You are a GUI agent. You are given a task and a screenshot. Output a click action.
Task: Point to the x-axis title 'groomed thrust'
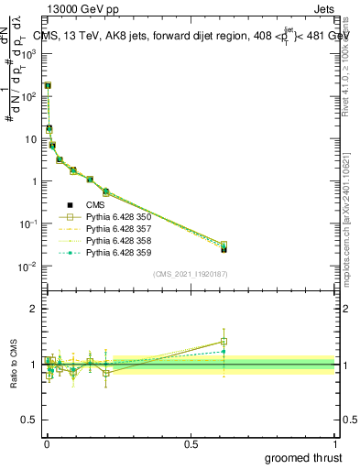pos(303,457)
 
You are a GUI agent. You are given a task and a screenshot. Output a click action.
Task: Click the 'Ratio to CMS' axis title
pos(14,364)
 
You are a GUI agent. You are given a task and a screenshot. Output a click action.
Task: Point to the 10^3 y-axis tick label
pos(30,53)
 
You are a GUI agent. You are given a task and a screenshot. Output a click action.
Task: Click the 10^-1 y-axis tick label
pos(30,224)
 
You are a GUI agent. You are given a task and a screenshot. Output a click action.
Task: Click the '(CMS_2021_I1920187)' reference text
pos(190,274)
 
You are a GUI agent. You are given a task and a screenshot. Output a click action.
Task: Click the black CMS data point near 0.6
pos(224,249)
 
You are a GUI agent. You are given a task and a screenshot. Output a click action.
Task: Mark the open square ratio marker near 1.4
pos(224,342)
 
